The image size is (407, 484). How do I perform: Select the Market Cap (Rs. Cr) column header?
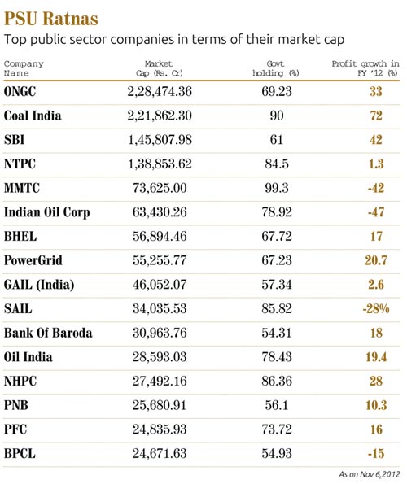(159, 68)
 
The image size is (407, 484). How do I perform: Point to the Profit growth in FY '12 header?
(365, 68)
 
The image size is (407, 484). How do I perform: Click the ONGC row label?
(21, 92)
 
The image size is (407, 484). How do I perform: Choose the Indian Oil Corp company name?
(46, 213)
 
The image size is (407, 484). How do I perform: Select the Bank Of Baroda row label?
(48, 333)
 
